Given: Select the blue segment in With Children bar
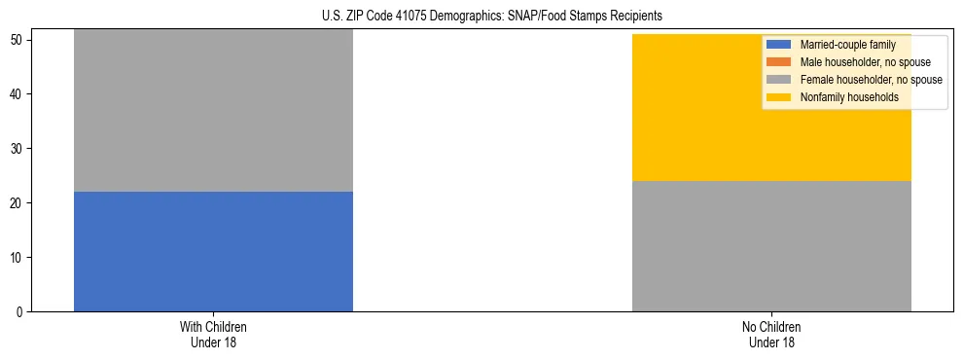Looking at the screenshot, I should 213,251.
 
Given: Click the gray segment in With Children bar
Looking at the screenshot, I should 213,110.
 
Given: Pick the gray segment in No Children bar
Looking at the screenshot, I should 771,246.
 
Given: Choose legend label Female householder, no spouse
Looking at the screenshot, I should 870,80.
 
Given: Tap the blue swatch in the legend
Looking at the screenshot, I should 779,45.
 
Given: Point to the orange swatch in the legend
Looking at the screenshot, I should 779,62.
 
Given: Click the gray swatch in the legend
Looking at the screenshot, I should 779,80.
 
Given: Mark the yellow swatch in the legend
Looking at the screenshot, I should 779,97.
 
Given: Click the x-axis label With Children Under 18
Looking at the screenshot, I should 213,334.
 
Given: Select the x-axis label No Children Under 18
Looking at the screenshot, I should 771,334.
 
